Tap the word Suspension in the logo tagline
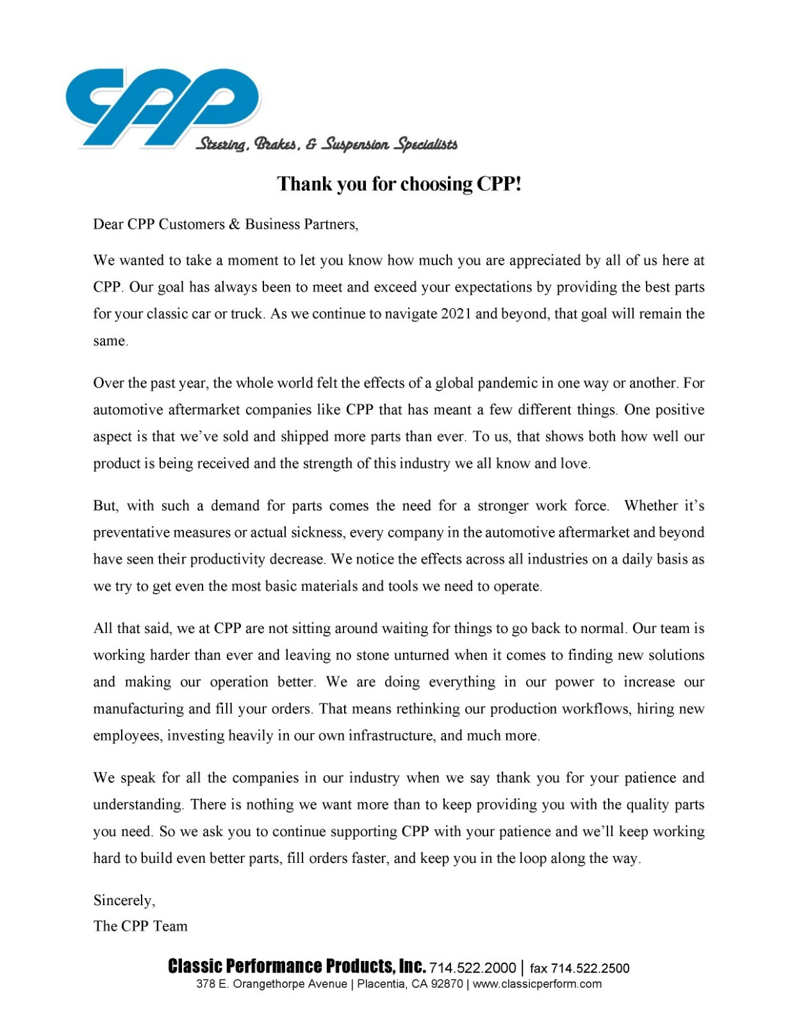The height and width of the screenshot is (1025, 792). [x=355, y=144]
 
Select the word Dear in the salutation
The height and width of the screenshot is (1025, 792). [x=108, y=224]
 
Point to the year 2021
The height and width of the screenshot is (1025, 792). [x=456, y=314]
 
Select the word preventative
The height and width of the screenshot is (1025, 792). [x=131, y=532]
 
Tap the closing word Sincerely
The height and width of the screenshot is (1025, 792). [x=124, y=901]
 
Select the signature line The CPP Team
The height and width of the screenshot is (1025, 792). [x=140, y=926]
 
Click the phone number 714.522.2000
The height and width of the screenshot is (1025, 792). [x=472, y=968]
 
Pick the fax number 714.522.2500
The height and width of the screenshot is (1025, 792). [x=590, y=968]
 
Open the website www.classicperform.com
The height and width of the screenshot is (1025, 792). [x=537, y=984]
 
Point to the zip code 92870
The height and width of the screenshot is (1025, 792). [x=446, y=984]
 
